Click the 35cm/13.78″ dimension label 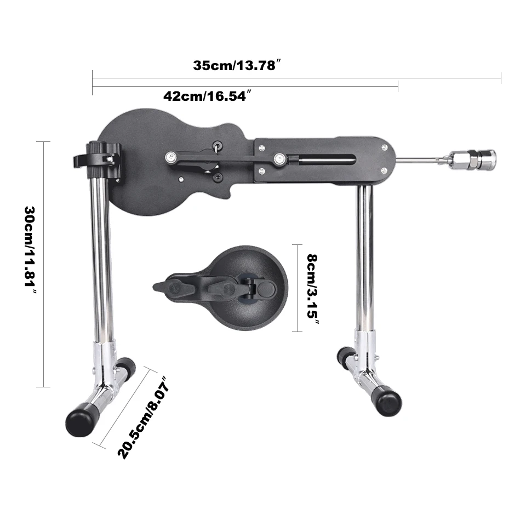pos(237,65)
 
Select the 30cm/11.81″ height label pos(30,250)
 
